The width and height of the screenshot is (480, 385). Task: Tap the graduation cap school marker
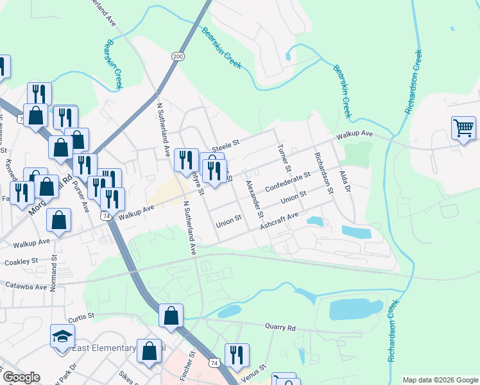point(63,337)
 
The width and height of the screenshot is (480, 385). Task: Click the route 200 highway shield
point(178,57)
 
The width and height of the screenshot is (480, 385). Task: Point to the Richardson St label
point(324,173)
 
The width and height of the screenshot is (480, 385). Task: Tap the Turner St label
point(284,158)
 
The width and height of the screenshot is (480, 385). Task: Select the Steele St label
point(225,145)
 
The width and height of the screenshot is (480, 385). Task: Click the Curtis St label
point(81,316)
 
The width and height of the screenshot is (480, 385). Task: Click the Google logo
point(21,377)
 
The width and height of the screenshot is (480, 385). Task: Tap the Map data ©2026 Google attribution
point(440,380)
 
